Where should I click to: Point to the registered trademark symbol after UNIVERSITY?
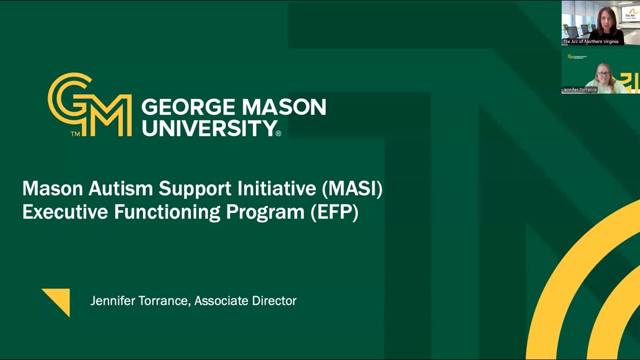278,133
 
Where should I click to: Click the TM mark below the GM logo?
75,134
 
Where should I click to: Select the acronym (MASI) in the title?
352,188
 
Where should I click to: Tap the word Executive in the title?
65,212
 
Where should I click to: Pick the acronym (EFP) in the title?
334,212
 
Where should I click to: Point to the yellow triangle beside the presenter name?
58,300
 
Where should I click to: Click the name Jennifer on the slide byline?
111,300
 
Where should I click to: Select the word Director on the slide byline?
274,300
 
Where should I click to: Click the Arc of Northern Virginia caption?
590,41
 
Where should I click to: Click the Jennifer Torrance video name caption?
579,90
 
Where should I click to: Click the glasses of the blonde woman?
603,74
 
